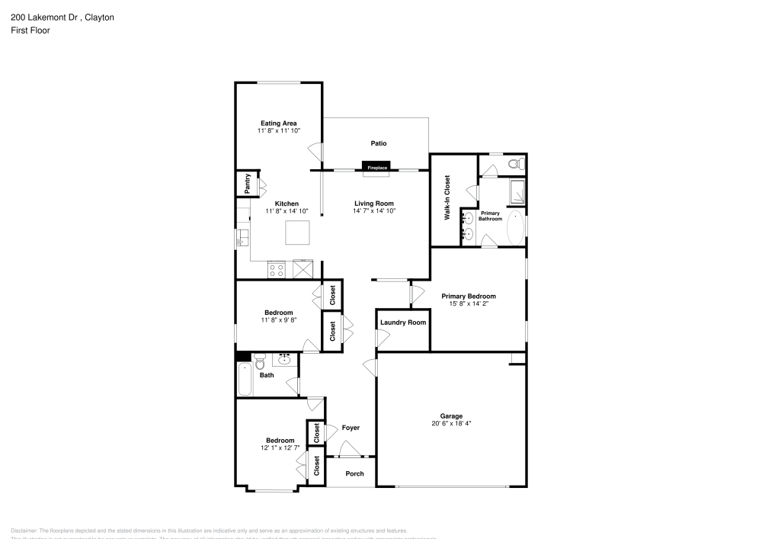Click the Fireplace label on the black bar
click(x=377, y=167)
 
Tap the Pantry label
click(x=248, y=183)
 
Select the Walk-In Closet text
click(x=447, y=197)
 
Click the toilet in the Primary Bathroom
click(x=514, y=164)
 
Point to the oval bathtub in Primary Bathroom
click(x=515, y=227)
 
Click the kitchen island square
click(x=297, y=232)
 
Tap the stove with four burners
click(x=277, y=268)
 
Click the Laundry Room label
click(x=402, y=322)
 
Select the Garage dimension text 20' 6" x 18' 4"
click(x=451, y=423)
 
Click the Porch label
click(x=354, y=473)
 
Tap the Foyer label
click(x=351, y=428)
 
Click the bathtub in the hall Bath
click(x=244, y=379)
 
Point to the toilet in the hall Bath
click(x=259, y=358)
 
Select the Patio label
click(x=379, y=143)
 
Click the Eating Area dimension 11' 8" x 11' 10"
click(x=279, y=130)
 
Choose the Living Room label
click(x=374, y=203)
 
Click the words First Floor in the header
click(x=30, y=30)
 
